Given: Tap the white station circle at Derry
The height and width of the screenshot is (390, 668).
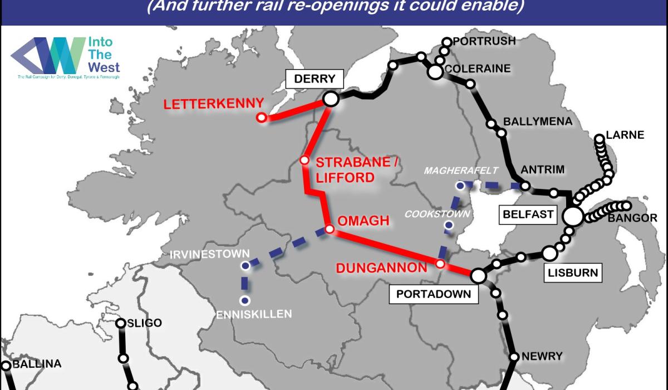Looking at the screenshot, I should pos(331,99).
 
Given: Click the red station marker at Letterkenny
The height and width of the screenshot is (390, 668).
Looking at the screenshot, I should pos(261,117).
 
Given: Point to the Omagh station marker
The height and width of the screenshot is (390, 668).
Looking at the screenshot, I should pos(330,229).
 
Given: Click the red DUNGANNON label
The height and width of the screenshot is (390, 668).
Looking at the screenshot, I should pos(381,269).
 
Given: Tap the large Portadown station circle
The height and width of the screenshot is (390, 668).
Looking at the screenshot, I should pos(478,275).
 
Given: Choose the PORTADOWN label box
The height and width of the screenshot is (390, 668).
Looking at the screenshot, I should pos(434,294).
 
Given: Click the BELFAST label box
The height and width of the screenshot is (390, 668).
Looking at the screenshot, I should pos(528,214).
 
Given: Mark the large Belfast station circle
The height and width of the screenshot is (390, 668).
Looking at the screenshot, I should pos(572,216).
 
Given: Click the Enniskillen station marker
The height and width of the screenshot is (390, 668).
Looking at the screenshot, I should pos(244,301).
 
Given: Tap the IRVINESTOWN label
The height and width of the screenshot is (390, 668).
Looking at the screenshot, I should pos(210,253).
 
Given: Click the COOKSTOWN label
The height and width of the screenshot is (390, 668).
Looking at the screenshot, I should pos(437,214).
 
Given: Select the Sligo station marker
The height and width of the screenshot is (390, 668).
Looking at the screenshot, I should pos(121,323).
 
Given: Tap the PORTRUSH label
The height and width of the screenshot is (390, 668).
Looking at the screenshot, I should pos(484,41).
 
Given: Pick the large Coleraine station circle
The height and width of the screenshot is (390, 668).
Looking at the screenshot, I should pos(435,71).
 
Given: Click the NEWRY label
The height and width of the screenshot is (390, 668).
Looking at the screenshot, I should pos(542,356).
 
